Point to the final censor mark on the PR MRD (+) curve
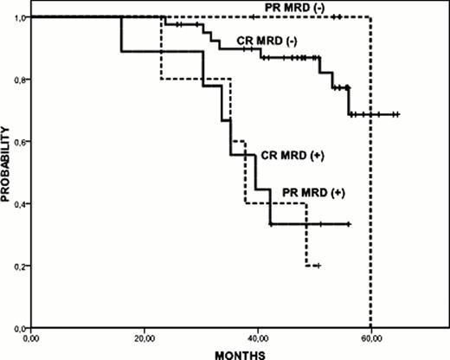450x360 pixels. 318,266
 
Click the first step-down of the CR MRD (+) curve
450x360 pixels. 121,35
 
